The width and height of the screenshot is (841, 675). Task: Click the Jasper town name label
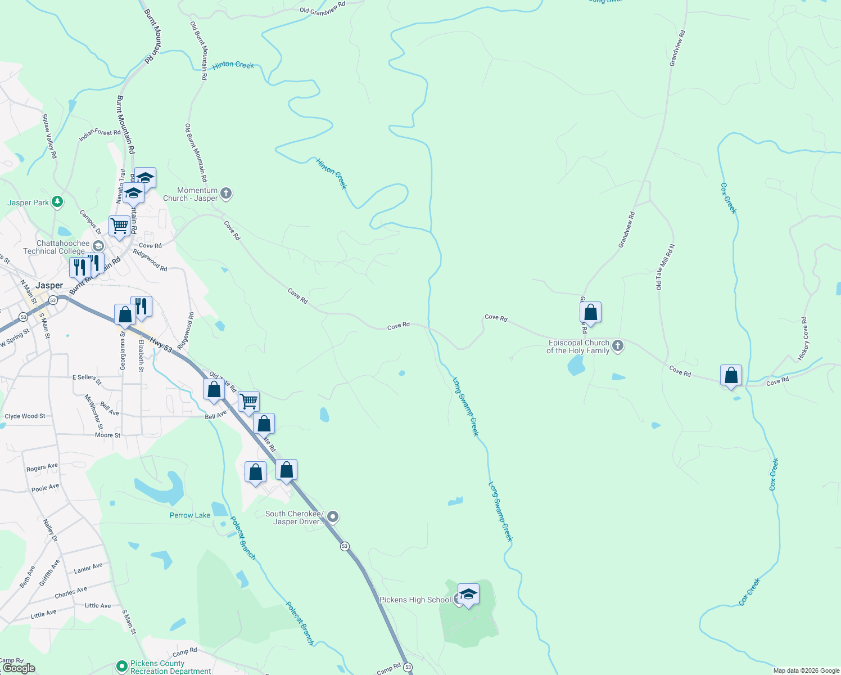tap(49, 285)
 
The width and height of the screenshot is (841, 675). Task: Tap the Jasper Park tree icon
tap(57, 201)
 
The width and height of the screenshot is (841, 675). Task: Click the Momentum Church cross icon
tap(226, 194)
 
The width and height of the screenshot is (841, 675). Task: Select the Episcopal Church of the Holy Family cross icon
tap(618, 346)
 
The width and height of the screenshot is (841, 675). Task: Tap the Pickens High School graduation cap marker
tap(468, 594)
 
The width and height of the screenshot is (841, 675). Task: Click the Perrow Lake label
tap(190, 515)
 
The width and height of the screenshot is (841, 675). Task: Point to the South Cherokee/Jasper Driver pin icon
tap(333, 516)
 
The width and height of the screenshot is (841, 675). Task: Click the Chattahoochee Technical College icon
tap(98, 246)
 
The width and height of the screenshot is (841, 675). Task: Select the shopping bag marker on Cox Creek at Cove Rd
tap(731, 376)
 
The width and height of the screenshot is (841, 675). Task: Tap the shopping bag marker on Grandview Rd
tap(590, 312)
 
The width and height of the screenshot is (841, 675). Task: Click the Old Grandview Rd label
tap(322, 8)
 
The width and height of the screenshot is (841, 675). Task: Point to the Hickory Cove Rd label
tap(803, 339)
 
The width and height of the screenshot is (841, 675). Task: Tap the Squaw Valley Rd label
tap(49, 136)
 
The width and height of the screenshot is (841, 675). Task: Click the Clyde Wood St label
tap(25, 416)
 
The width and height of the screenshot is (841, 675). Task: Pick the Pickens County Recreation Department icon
tap(121, 666)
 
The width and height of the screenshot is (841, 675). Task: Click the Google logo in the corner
tap(19, 668)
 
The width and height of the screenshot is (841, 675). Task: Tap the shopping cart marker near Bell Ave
tap(248, 402)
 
